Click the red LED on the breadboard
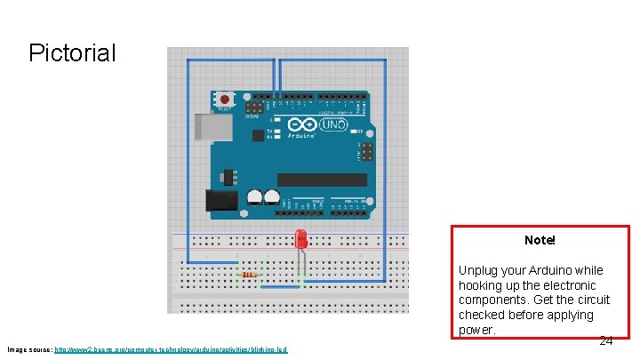[301, 239]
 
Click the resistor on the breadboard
[252, 275]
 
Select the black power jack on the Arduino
[221, 200]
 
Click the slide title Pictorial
[72, 53]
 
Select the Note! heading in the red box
[540, 240]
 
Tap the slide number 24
[605, 340]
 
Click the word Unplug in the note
[479, 270]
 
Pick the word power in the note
[475, 330]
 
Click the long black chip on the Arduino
[321, 180]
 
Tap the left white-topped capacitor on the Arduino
[255, 196]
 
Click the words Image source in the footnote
[28, 350]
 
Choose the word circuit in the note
[592, 300]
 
